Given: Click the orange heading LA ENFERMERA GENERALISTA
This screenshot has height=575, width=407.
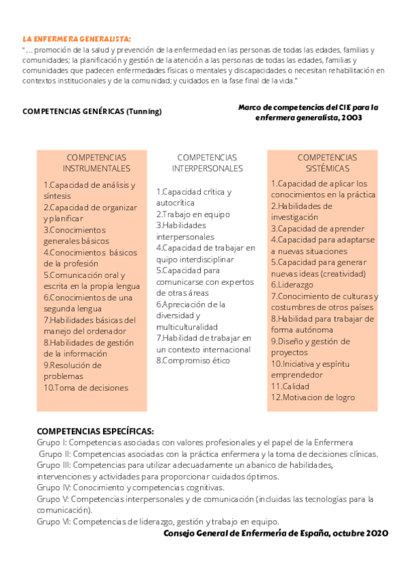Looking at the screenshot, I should pyautogui.click(x=77, y=39).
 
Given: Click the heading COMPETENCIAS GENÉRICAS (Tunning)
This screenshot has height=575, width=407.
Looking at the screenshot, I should pyautogui.click(x=92, y=111).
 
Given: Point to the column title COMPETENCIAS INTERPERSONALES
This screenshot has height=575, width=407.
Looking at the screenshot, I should pyautogui.click(x=207, y=163).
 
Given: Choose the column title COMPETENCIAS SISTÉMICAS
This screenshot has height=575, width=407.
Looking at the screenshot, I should pyautogui.click(x=327, y=163).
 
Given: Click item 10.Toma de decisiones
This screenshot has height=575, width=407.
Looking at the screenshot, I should pyautogui.click(x=86, y=388).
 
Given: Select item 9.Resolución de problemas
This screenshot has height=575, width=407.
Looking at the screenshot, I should pyautogui.click(x=73, y=371).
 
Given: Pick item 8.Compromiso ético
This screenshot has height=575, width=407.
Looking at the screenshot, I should pyautogui.click(x=193, y=360).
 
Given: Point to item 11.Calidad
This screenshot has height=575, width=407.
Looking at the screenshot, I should pyautogui.click(x=290, y=386).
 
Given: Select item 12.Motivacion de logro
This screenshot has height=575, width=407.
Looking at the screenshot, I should pyautogui.click(x=313, y=397).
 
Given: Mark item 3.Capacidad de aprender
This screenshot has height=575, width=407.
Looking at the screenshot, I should pyautogui.click(x=317, y=229).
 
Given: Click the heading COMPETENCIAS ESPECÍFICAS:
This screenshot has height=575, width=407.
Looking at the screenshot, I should pyautogui.click(x=95, y=431).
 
